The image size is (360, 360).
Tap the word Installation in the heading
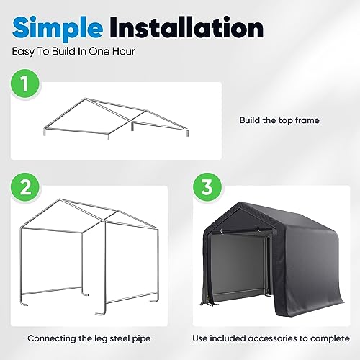(x=187, y=27)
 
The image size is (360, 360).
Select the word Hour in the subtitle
(x=124, y=51)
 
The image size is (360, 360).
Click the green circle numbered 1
(x=24, y=84)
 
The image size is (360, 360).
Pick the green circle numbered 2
(x=24, y=187)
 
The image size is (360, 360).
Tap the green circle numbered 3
(x=207, y=187)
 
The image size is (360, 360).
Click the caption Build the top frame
(x=279, y=120)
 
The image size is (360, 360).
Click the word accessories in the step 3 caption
(x=272, y=338)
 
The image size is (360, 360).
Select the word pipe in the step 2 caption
(x=141, y=339)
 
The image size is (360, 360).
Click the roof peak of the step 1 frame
(x=84, y=99)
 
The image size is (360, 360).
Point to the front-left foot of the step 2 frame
(x=24, y=305)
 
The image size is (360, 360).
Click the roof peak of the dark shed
(x=238, y=203)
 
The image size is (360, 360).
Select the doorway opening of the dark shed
(x=238, y=266)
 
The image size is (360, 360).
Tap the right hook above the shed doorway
(x=258, y=228)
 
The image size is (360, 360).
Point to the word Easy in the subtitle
(x=23, y=52)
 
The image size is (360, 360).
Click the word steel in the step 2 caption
(x=120, y=338)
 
